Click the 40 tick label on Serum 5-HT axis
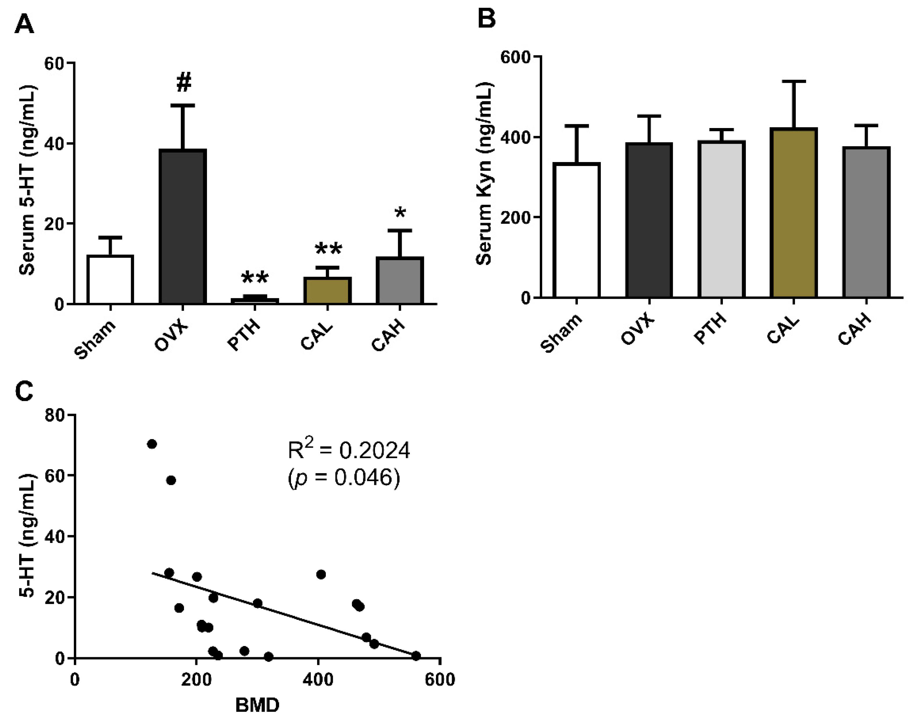(x=55, y=143)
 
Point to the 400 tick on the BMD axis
(x=318, y=679)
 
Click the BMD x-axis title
(x=257, y=705)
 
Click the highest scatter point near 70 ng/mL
(x=152, y=444)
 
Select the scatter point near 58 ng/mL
(x=171, y=480)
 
